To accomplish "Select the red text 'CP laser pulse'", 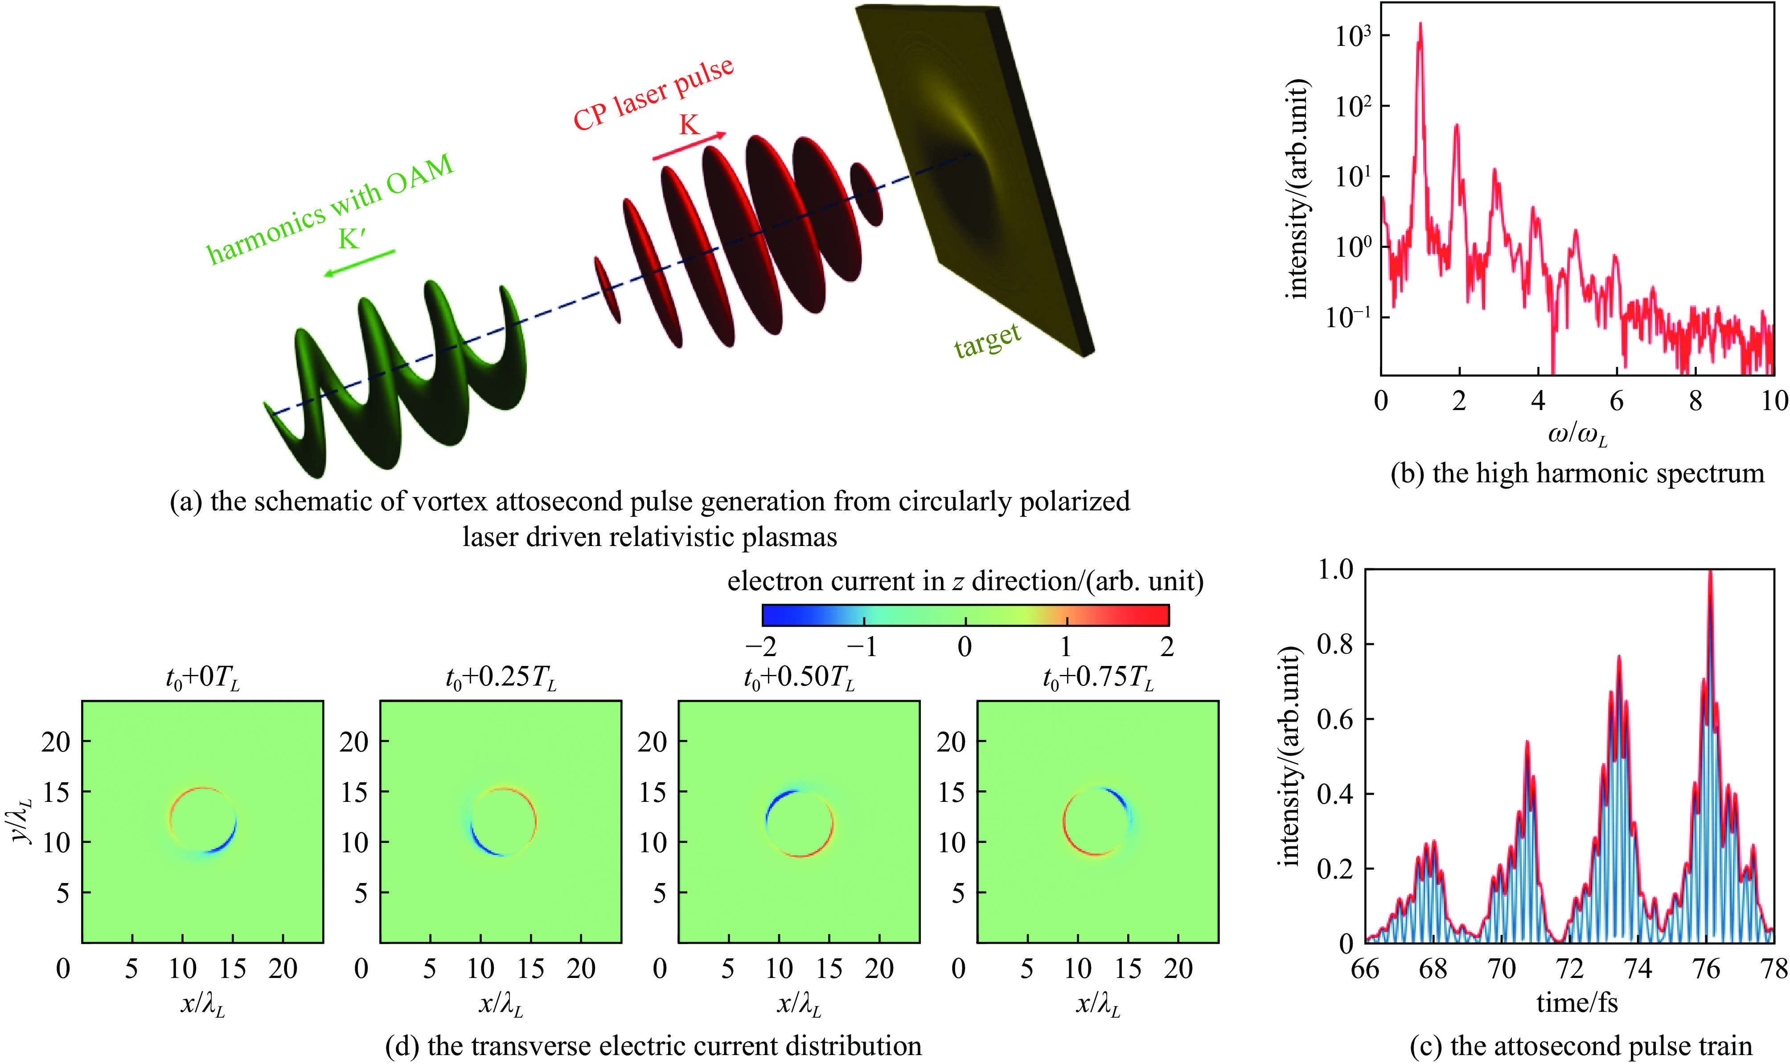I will pyautogui.click(x=653, y=94).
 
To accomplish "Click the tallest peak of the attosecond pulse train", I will pyautogui.click(x=1710, y=574).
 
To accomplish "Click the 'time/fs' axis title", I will pyautogui.click(x=1577, y=1002).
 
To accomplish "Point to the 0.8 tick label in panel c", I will pyautogui.click(x=1335, y=644).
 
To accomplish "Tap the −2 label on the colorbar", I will pyautogui.click(x=761, y=647).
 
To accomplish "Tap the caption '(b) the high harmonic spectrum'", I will pyautogui.click(x=1577, y=473).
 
